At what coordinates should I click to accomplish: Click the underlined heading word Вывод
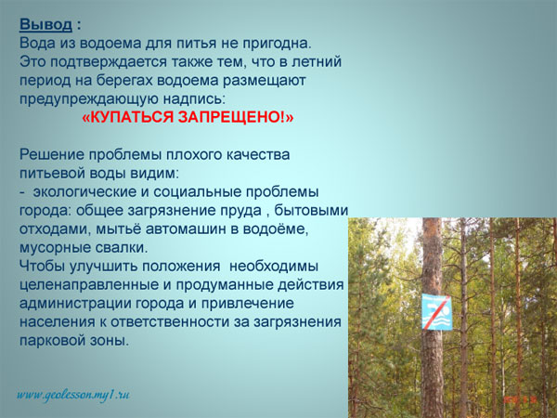[45, 25]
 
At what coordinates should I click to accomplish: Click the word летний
[317, 62]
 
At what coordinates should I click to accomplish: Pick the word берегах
[124, 81]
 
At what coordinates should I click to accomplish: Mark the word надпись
[194, 99]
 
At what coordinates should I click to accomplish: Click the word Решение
[51, 155]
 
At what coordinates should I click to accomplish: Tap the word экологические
[85, 192]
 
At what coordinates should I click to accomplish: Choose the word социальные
[197, 192]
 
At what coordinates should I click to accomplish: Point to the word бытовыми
[311, 211]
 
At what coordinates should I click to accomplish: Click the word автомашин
[188, 229]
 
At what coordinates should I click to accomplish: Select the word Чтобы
[42, 267]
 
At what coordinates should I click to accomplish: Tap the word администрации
[72, 304]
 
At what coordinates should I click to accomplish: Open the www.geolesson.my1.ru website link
[72, 395]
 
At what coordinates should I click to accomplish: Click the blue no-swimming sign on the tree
[437, 312]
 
